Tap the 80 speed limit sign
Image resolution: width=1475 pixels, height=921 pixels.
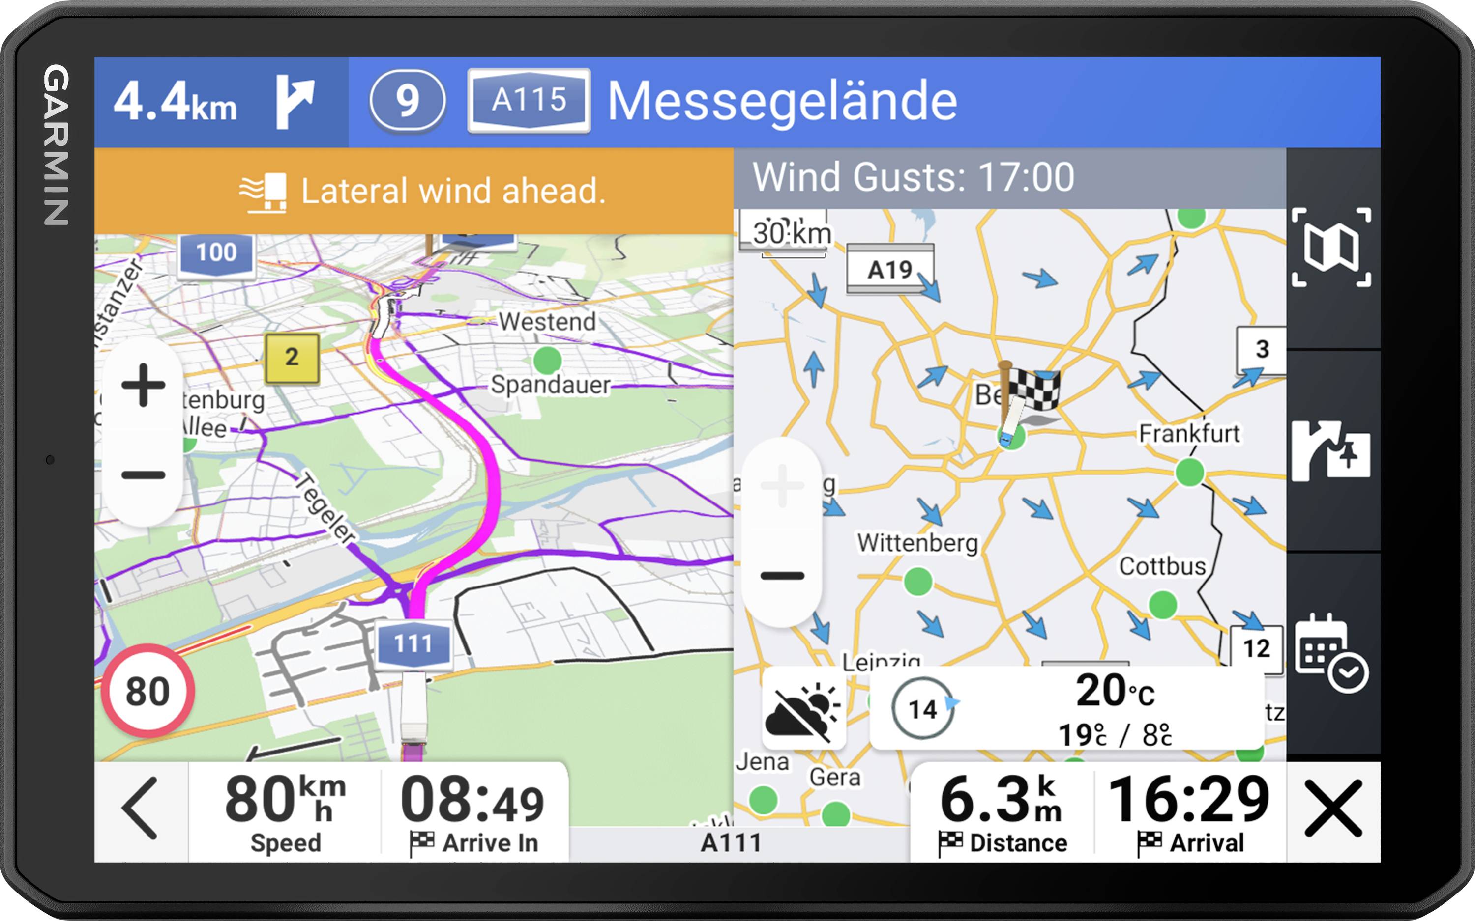point(147,691)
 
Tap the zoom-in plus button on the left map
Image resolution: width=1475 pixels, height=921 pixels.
point(143,385)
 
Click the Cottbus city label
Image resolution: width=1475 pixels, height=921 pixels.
point(1162,566)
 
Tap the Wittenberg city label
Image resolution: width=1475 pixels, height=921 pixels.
point(917,542)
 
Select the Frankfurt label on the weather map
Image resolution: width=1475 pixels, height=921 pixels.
point(1189,434)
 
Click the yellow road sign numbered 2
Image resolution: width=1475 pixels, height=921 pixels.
point(292,358)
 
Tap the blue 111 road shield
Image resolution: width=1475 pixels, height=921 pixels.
point(413,644)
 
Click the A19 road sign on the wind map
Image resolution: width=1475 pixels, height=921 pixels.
point(890,269)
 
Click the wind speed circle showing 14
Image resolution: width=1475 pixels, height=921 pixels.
point(922,708)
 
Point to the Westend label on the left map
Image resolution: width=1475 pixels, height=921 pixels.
point(547,321)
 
